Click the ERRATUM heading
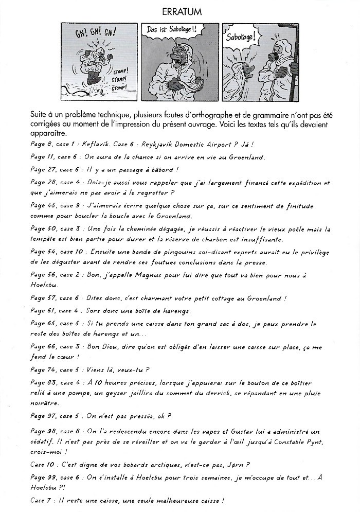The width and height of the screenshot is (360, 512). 180,11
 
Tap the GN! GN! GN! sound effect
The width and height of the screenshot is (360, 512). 88,33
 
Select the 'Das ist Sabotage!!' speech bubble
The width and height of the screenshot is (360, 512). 175,30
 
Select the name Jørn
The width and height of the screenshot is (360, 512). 240,464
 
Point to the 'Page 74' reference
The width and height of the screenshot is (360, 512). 42,369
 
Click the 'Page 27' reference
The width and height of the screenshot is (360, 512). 42,170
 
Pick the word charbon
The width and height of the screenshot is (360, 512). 245,240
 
